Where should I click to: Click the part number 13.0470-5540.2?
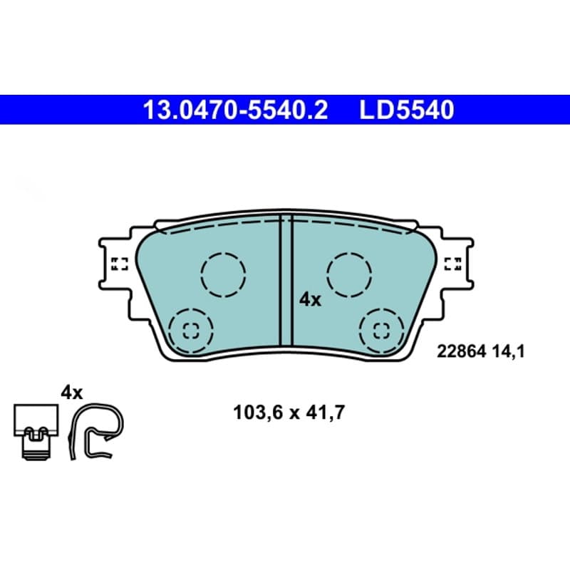235,110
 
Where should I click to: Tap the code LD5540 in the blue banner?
407,110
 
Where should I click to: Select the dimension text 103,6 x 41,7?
289,413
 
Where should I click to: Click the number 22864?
461,351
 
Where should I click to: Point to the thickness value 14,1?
509,351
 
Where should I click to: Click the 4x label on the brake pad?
310,300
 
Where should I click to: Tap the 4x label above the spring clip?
72,393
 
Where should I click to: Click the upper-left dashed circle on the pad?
223,275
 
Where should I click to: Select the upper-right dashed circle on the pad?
349,275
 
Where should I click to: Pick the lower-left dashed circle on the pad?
191,331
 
